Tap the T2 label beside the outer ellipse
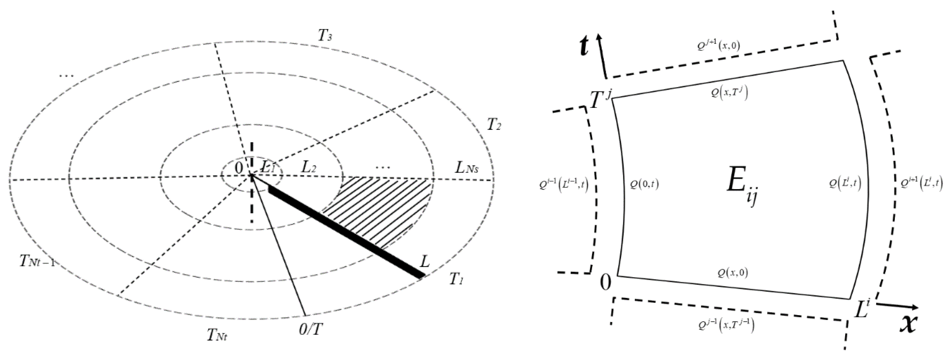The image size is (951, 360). tap(494, 126)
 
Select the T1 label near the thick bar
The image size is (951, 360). tap(456, 279)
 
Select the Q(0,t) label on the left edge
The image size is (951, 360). tap(644, 184)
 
